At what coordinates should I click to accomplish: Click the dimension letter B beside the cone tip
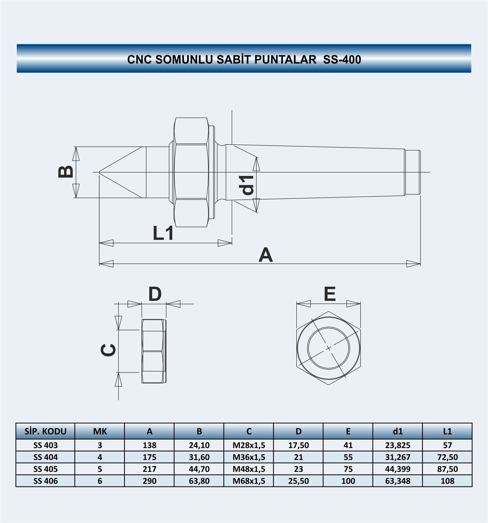(66, 172)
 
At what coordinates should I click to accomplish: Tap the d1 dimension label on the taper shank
(246, 185)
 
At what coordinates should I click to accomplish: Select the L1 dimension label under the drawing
(163, 233)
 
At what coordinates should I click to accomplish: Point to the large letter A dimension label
(266, 255)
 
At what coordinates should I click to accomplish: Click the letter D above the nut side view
(155, 294)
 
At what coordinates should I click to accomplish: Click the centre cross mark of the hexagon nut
(328, 348)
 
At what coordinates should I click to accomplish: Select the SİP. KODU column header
(46, 432)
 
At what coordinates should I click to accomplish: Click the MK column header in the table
(100, 432)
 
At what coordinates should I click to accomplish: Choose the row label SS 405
(46, 469)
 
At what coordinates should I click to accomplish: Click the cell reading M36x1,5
(249, 457)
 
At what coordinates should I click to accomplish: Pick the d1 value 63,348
(398, 481)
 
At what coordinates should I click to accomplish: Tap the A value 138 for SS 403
(149, 445)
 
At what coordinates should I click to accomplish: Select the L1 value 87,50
(447, 469)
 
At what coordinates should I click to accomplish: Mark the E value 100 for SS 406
(348, 481)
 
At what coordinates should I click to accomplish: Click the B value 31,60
(199, 457)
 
